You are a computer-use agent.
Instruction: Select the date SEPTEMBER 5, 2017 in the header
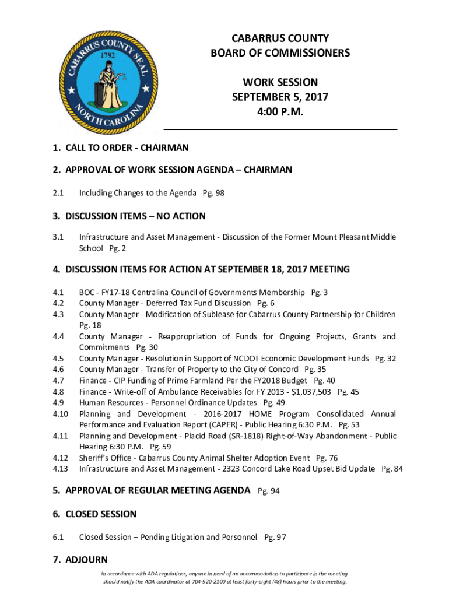[x=280, y=97]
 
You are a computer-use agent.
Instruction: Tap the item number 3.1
[x=58, y=237]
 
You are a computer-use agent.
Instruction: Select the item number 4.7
[x=58, y=381]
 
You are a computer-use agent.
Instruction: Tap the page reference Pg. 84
[x=392, y=469]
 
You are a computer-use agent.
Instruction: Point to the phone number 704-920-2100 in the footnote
[x=206, y=582]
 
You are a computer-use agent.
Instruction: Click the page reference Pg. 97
[x=275, y=537]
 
